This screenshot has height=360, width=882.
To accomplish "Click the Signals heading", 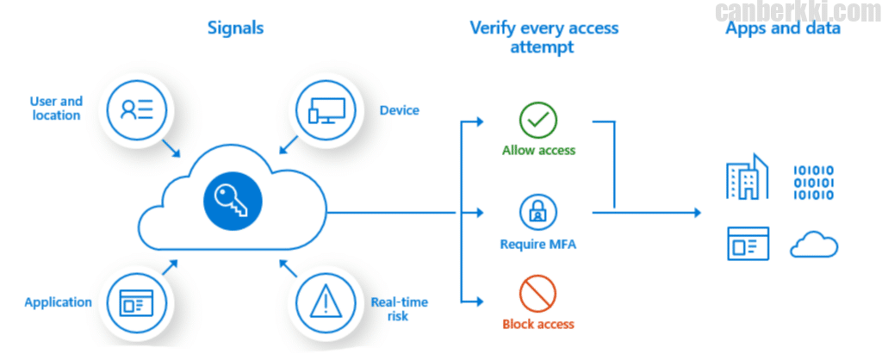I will pos(235,28).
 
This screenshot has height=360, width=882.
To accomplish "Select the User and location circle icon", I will pos(136,109).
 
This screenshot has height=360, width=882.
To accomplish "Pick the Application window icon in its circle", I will pos(136,301).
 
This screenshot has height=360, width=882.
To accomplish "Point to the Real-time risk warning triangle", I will pos(325,301).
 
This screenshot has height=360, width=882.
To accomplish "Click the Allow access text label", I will pos(538,151).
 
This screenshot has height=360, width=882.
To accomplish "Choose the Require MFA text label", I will pos(538,244).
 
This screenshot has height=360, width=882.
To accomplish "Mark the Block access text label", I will pos(538,325).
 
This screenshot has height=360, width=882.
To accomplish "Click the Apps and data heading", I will pos(783,28).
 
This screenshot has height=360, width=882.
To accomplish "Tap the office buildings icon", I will pos(746,177).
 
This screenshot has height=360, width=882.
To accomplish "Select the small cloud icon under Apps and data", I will pos(814,245).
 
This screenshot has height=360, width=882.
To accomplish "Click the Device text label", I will pos(400,110).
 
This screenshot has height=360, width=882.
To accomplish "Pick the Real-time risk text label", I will pos(399,309).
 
